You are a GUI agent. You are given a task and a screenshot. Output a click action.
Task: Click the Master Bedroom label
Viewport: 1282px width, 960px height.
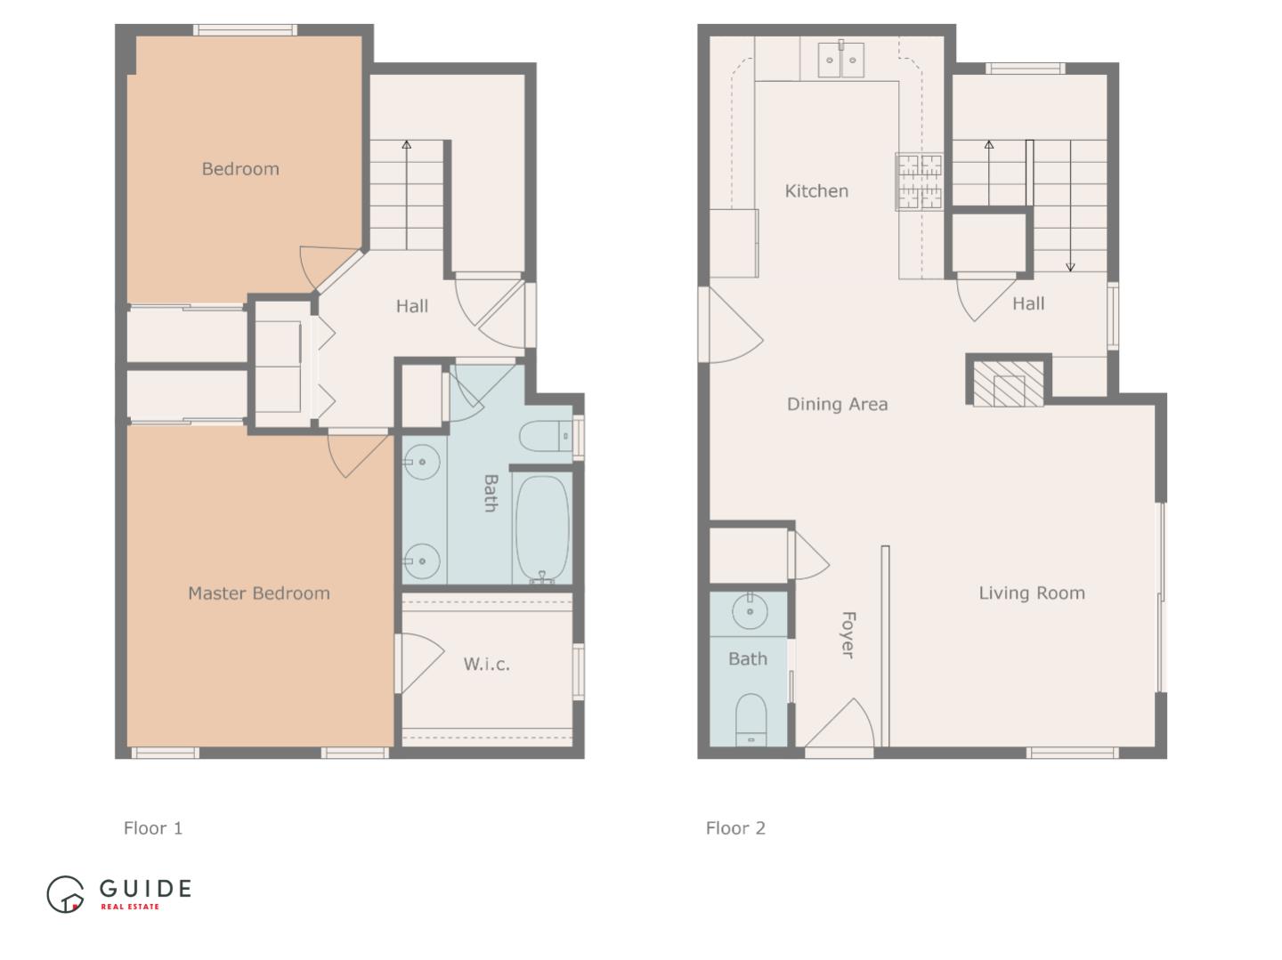258,593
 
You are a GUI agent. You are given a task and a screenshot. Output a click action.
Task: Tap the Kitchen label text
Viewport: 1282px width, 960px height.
816,191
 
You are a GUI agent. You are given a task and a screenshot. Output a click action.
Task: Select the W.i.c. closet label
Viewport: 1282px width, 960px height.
486,664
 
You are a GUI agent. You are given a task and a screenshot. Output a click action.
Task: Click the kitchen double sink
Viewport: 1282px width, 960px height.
840,60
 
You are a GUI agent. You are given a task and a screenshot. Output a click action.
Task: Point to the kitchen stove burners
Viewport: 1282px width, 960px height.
919,182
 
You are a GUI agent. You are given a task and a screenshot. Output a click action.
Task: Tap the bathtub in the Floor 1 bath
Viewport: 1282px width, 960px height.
541,530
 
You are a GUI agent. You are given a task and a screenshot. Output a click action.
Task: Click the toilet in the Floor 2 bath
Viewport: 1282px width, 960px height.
751,719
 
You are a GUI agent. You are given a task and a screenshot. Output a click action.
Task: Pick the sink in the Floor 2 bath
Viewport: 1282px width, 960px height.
750,612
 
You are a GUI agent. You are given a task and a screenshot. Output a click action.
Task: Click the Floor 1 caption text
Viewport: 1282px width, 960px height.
153,828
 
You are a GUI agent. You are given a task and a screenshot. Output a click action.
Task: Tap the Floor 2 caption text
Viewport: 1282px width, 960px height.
735,828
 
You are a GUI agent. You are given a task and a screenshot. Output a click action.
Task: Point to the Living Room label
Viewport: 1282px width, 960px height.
1032,593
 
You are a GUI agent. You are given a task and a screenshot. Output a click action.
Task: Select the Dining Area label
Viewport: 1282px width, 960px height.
837,405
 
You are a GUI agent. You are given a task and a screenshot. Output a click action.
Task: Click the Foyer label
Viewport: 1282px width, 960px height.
848,634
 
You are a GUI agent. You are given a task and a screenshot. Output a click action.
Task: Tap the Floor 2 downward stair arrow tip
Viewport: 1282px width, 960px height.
1070,268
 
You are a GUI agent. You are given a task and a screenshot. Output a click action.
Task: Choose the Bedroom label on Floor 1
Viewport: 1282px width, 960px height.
240,169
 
